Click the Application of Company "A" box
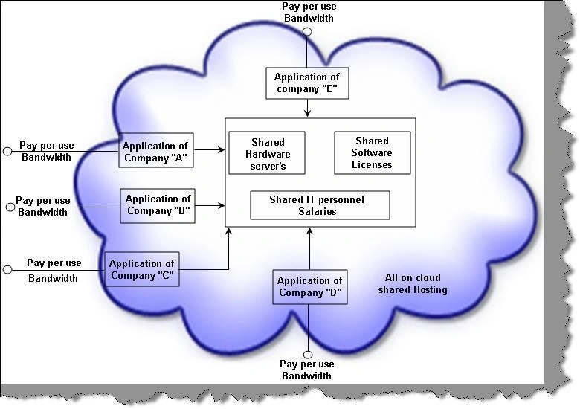(x=156, y=150)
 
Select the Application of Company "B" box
(x=158, y=205)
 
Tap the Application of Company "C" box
(x=142, y=269)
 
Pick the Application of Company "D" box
(x=310, y=287)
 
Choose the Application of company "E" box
(x=307, y=83)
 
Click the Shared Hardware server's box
(x=267, y=152)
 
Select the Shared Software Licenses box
(x=373, y=152)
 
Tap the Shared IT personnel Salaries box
(x=320, y=205)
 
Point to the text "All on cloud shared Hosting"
(x=413, y=283)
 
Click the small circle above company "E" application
(x=307, y=32)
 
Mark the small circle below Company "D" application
(x=308, y=355)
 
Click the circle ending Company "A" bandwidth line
(x=7, y=151)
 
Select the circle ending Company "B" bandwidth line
(x=10, y=207)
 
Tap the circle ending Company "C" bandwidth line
(x=7, y=270)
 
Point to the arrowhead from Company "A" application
(x=222, y=149)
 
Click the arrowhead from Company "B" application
(x=222, y=205)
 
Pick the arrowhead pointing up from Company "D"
(x=310, y=231)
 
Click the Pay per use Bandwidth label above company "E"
(x=309, y=12)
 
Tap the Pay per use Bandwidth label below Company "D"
(x=307, y=370)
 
